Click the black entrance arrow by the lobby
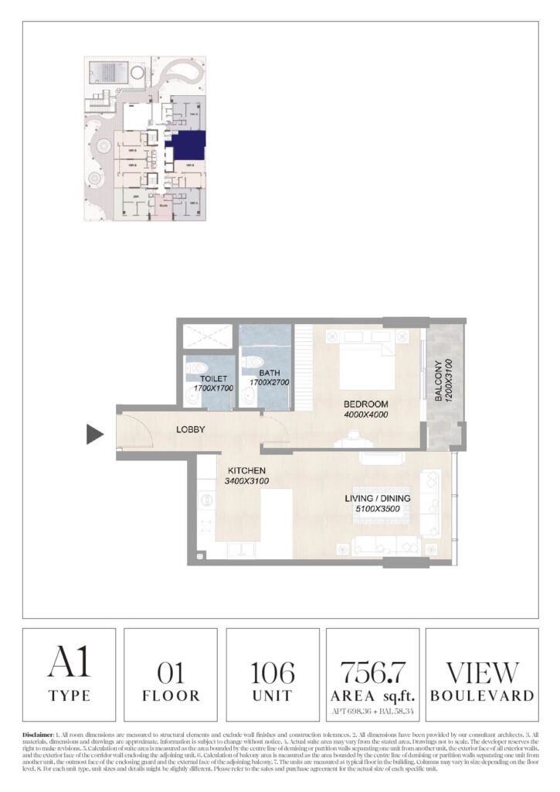94,435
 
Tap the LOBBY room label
189,429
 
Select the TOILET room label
207,378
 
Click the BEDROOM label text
366,405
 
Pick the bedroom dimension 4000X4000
366,415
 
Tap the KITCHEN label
246,470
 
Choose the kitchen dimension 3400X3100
246,480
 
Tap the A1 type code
69,663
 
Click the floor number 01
170,671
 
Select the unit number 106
273,671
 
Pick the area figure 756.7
373,669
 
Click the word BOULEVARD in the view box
481,695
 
